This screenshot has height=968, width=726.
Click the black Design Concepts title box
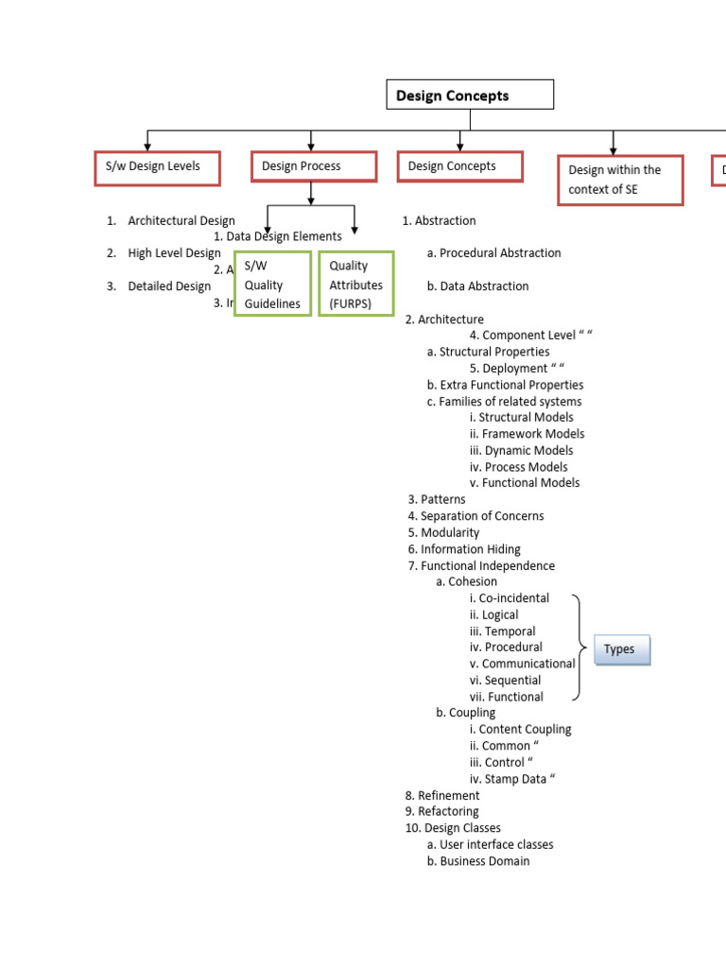coord(470,95)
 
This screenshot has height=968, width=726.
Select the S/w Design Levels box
coord(158,167)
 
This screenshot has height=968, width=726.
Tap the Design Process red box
coord(311,166)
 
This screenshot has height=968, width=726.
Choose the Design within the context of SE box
coord(620,180)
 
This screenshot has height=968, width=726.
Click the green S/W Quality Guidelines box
coord(272,284)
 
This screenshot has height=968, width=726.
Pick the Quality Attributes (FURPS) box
coord(355,284)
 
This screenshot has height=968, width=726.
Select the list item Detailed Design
coord(170,285)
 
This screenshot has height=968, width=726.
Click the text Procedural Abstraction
coord(500,252)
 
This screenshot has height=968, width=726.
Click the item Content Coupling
coord(525,729)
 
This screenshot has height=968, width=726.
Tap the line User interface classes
coord(496,844)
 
